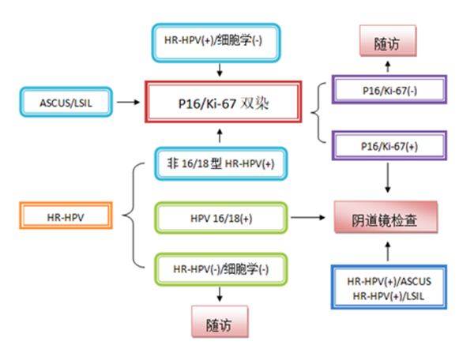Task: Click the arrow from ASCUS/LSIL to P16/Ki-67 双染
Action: (x=129, y=101)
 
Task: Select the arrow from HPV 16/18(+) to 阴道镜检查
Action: (x=310, y=215)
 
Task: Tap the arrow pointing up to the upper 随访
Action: (x=388, y=66)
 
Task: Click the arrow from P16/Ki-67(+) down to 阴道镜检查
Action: (x=388, y=180)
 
